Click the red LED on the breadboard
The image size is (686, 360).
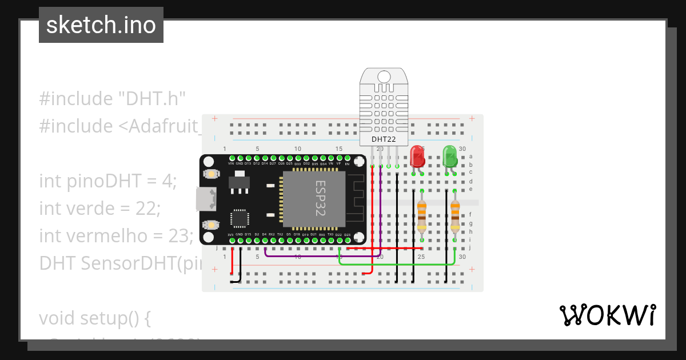pos(417,155)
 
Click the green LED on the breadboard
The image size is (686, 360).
pos(450,155)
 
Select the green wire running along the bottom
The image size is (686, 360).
pos(400,264)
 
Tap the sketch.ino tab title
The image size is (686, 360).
pos(101,25)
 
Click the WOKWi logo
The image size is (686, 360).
pos(607,315)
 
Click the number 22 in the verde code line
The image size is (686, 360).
pos(148,208)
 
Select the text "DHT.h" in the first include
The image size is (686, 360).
pos(152,98)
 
